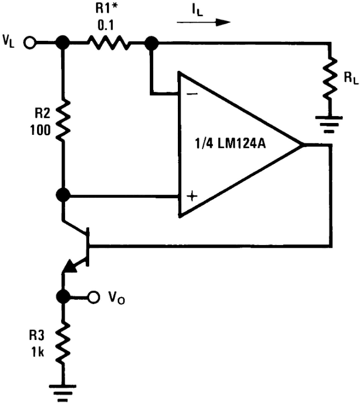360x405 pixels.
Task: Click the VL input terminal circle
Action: (x=30, y=42)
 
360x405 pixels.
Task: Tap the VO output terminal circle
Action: (x=93, y=296)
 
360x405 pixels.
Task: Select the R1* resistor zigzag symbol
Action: (x=109, y=42)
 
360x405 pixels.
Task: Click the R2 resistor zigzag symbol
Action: (x=63, y=120)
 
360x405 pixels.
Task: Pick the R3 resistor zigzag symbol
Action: (x=63, y=343)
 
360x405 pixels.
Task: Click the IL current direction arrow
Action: (x=204, y=23)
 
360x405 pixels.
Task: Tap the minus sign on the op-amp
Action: (x=192, y=94)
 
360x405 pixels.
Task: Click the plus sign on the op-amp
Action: (x=192, y=196)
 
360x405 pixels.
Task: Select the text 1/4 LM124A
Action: (x=231, y=144)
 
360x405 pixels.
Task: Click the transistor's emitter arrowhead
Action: (x=70, y=266)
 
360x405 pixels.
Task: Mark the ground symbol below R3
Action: (x=62, y=393)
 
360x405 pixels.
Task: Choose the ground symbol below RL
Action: (x=329, y=125)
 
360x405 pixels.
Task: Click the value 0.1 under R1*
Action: (x=106, y=25)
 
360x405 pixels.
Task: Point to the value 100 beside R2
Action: (x=41, y=130)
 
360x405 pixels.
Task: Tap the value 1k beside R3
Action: (x=38, y=352)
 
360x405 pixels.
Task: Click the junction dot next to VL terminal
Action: (x=63, y=42)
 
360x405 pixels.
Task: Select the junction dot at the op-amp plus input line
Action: (x=63, y=195)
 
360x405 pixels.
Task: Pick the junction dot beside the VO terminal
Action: (x=63, y=296)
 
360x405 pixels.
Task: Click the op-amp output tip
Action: (x=303, y=145)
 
